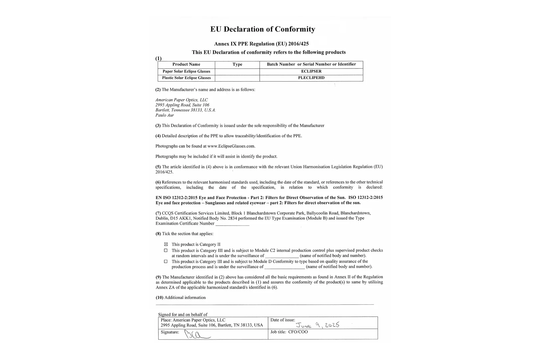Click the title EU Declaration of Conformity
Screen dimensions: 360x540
[x=262, y=29]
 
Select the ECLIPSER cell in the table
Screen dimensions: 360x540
[x=311, y=71]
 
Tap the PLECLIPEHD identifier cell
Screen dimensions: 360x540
[x=311, y=78]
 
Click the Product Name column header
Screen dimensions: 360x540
[x=186, y=64]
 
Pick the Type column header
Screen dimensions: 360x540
[x=237, y=64]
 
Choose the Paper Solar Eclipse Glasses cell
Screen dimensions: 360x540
[x=186, y=71]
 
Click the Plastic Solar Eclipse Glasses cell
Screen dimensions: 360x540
[x=186, y=78]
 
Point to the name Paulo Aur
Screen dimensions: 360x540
[x=165, y=115]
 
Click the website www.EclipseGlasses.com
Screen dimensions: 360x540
[x=231, y=146]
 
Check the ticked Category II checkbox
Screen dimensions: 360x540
[x=166, y=244]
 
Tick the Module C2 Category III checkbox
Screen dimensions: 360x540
[x=166, y=250]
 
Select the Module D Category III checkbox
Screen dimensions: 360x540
[x=166, y=262]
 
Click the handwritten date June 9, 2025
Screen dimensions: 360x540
[x=318, y=325]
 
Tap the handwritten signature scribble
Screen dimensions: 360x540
[x=196, y=334]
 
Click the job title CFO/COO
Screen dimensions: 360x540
[x=298, y=332]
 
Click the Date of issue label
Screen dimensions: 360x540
[x=283, y=320]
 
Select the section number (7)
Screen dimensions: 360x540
[x=158, y=213]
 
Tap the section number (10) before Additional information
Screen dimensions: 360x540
[x=160, y=298]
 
